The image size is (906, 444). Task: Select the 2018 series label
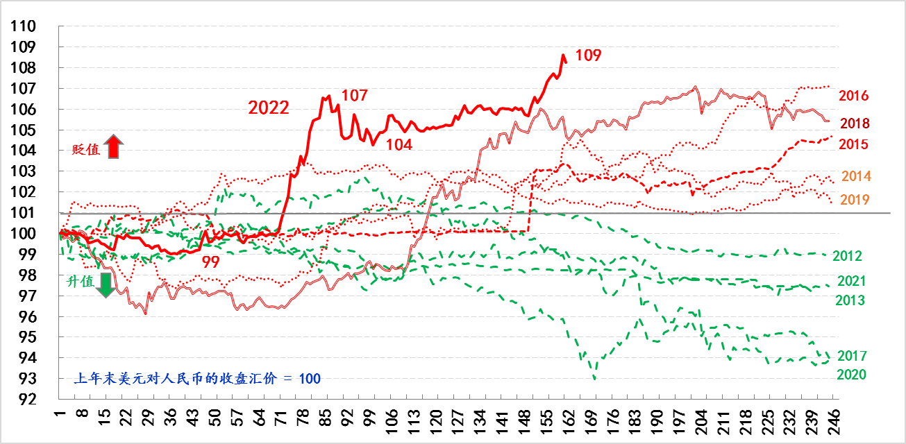tap(855, 123)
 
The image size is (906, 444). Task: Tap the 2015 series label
tap(853, 144)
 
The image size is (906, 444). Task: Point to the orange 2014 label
tap(856, 176)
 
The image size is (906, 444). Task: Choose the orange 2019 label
tap(855, 200)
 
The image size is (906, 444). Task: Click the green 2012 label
tap(847, 256)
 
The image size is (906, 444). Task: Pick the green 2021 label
tap(852, 281)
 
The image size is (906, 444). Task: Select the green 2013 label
tap(850, 300)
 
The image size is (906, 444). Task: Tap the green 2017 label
tap(852, 356)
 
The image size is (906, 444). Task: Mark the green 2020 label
tap(850, 375)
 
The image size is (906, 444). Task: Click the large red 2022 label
tap(269, 108)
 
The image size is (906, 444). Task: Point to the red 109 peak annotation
tap(588, 55)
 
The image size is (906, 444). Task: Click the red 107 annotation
tap(354, 96)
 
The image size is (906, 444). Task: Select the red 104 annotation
tap(399, 144)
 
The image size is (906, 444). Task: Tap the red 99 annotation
tap(212, 262)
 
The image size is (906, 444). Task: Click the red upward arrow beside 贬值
tap(115, 147)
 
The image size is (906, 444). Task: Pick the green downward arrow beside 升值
tap(105, 284)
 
